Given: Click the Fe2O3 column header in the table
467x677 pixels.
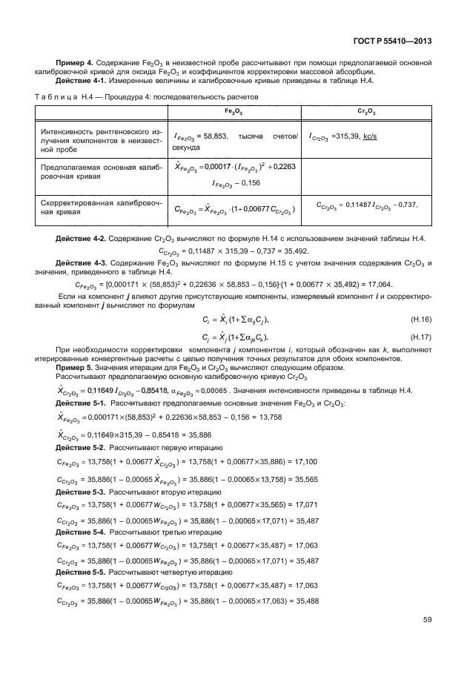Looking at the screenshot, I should click(x=232, y=110).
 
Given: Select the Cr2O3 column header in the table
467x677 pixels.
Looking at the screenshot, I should click(x=365, y=110).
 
